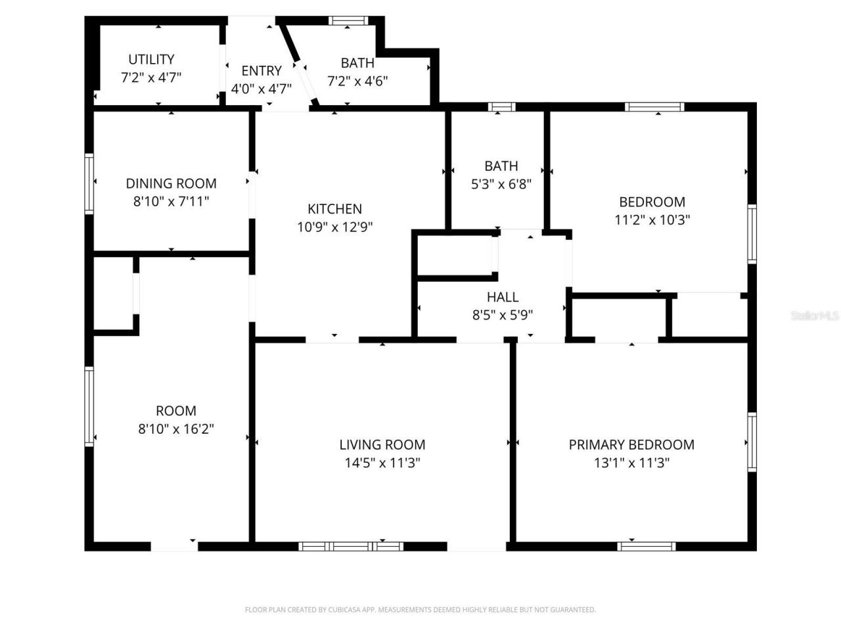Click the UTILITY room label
click(151, 59)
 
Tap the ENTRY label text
click(261, 71)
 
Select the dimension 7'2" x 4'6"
click(357, 81)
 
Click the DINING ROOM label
click(171, 183)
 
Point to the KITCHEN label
click(334, 209)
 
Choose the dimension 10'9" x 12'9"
click(335, 227)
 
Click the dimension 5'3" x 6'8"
click(501, 184)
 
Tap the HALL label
click(503, 297)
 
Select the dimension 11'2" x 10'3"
click(652, 220)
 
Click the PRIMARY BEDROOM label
click(631, 445)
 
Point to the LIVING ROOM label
click(382, 445)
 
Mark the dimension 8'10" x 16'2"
click(176, 429)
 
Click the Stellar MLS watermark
click(815, 315)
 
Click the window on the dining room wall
click(89, 183)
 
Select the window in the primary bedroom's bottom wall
click(647, 546)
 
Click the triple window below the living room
click(351, 546)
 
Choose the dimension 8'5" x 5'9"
click(503, 315)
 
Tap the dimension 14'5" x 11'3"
click(382, 463)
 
